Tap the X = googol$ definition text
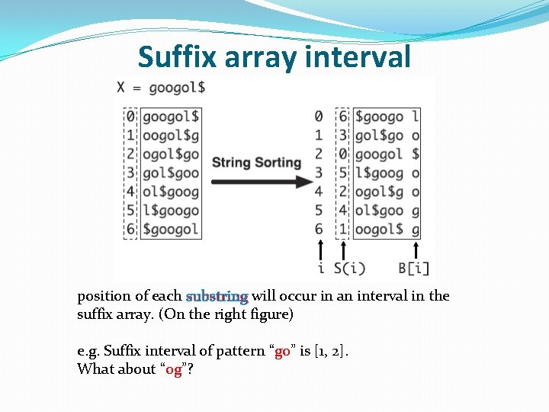pyautogui.click(x=161, y=87)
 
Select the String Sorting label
pyautogui.click(x=257, y=162)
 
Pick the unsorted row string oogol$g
pyautogui.click(x=171, y=135)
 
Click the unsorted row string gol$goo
pyautogui.click(x=171, y=172)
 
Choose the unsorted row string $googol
pyautogui.click(x=171, y=229)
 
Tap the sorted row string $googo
pyautogui.click(x=380, y=117)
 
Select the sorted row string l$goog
pyautogui.click(x=380, y=172)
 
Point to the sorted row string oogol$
pyautogui.click(x=380, y=229)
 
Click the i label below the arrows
pyautogui.click(x=320, y=269)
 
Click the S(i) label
pyautogui.click(x=350, y=269)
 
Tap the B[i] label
pyautogui.click(x=414, y=269)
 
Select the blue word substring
pyautogui.click(x=217, y=296)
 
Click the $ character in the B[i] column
pyautogui.click(x=415, y=154)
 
